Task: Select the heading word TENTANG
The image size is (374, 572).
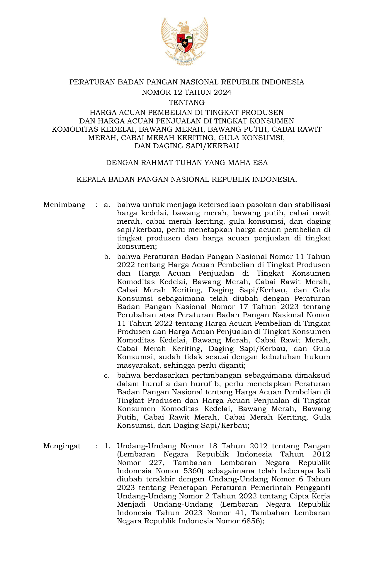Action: [x=187, y=103]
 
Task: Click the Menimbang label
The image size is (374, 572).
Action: [x=64, y=205]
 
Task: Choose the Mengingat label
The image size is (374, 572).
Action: [x=62, y=446]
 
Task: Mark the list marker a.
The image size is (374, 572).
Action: [x=107, y=205]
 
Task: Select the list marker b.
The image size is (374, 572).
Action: [x=107, y=257]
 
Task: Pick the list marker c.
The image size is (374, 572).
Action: [x=107, y=376]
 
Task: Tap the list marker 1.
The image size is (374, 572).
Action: [x=107, y=446]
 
